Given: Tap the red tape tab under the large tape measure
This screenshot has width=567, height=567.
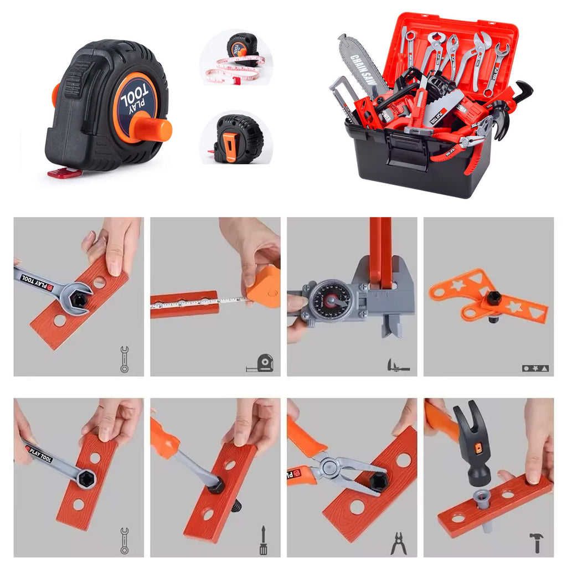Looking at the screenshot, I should pyautogui.click(x=65, y=173).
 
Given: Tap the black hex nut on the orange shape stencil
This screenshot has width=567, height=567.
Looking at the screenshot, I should pyautogui.click(x=493, y=298).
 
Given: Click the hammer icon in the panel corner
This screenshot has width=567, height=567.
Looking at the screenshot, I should pyautogui.click(x=536, y=542).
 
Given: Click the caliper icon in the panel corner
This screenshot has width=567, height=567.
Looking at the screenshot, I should pyautogui.click(x=399, y=365).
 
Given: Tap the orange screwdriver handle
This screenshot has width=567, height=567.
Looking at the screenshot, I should pyautogui.click(x=164, y=437).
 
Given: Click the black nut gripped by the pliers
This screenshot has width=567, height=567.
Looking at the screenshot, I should pyautogui.click(x=379, y=481).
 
